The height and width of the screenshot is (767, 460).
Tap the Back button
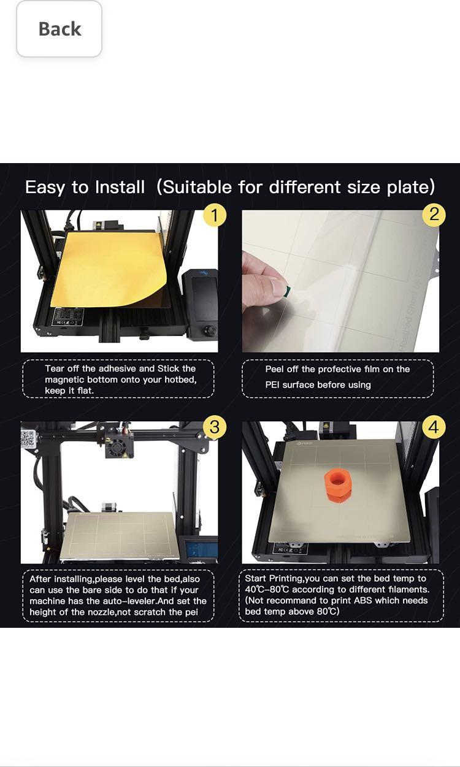tap(59, 29)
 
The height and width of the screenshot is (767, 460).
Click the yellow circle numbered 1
tap(214, 215)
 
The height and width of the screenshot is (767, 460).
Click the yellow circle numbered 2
tap(434, 215)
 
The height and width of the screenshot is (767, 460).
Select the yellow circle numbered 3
tap(214, 427)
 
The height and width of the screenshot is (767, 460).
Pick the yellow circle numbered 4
tap(434, 427)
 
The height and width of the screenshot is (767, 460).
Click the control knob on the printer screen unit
tap(212, 331)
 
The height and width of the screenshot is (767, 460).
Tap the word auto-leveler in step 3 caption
tap(126, 601)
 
